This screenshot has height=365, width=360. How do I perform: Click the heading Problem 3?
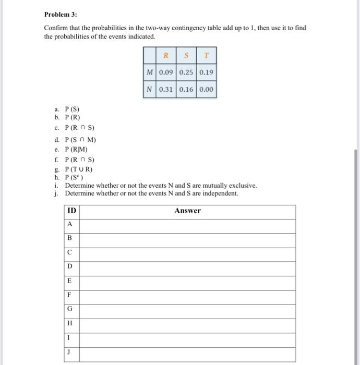(60, 14)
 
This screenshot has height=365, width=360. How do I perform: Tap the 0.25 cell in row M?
(186, 72)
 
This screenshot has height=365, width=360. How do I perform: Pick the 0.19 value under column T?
(206, 72)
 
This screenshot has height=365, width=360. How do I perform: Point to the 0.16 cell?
(186, 89)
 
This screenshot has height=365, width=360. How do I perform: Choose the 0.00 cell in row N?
(206, 89)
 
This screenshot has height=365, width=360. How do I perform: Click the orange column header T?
(206, 55)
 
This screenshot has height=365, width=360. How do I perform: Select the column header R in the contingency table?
(166, 55)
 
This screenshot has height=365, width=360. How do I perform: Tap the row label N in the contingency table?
(149, 89)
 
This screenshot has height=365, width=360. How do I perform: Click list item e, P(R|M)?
(75, 149)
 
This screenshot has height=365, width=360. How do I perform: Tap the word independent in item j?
(221, 193)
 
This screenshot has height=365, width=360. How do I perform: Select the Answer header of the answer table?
(187, 211)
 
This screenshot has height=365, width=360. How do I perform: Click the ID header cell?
(71, 211)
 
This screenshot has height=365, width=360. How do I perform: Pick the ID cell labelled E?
(70, 281)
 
